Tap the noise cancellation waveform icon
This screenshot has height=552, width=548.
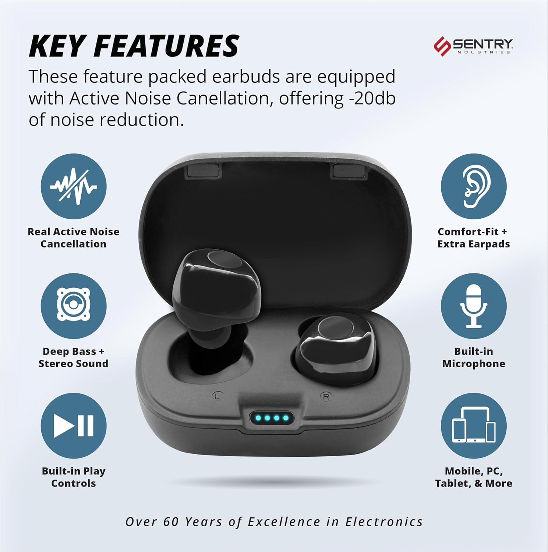(x=74, y=187)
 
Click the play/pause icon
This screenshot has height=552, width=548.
(x=74, y=426)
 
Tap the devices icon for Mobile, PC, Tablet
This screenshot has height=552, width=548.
(x=474, y=426)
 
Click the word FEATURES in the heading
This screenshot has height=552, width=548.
(x=167, y=46)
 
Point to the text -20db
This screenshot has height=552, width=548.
(x=370, y=98)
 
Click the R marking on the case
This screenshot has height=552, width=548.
(x=326, y=397)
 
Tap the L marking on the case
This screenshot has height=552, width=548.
(x=218, y=396)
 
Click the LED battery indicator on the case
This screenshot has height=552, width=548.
(x=272, y=418)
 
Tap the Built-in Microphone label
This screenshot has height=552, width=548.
(x=474, y=357)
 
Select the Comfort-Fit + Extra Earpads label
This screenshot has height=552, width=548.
(x=474, y=238)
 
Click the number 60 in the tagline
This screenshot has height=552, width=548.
(x=171, y=521)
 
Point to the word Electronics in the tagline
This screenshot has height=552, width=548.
(x=384, y=521)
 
